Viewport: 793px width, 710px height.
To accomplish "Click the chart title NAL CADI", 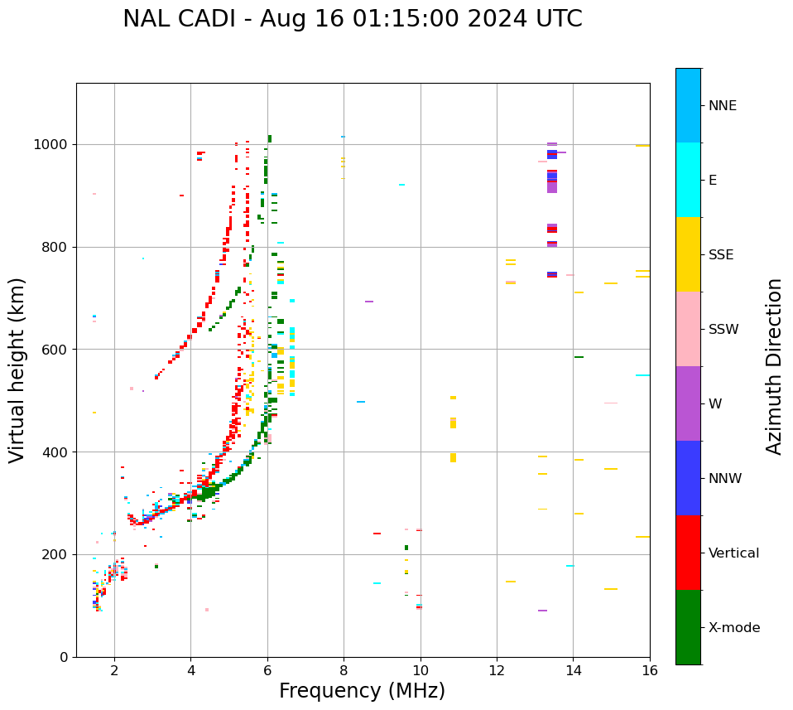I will [x=352, y=19].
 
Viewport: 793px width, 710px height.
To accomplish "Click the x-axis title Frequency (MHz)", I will [x=362, y=691].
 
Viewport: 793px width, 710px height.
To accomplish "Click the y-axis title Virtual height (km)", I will [x=17, y=369].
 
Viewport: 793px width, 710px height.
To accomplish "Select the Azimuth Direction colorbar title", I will [x=774, y=366].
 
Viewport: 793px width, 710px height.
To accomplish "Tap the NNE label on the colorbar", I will [x=722, y=106].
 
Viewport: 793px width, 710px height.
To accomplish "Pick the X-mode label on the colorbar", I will [x=733, y=628].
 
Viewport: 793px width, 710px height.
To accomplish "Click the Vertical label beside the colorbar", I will [x=733, y=553].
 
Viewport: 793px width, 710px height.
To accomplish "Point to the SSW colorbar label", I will [x=723, y=330].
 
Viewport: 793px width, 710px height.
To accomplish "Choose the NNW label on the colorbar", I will [x=725, y=479].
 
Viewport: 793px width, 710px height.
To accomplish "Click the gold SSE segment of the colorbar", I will [x=688, y=254].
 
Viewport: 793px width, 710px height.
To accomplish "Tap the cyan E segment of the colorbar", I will [x=688, y=180].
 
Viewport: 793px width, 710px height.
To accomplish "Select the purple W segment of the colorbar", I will [x=688, y=403].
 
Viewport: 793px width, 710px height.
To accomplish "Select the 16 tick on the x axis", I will [x=650, y=670].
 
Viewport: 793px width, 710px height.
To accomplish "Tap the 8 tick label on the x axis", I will [x=344, y=670].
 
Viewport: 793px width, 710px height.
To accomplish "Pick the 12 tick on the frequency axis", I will [x=497, y=670].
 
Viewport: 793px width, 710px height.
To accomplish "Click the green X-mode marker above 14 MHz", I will [x=579, y=357].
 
